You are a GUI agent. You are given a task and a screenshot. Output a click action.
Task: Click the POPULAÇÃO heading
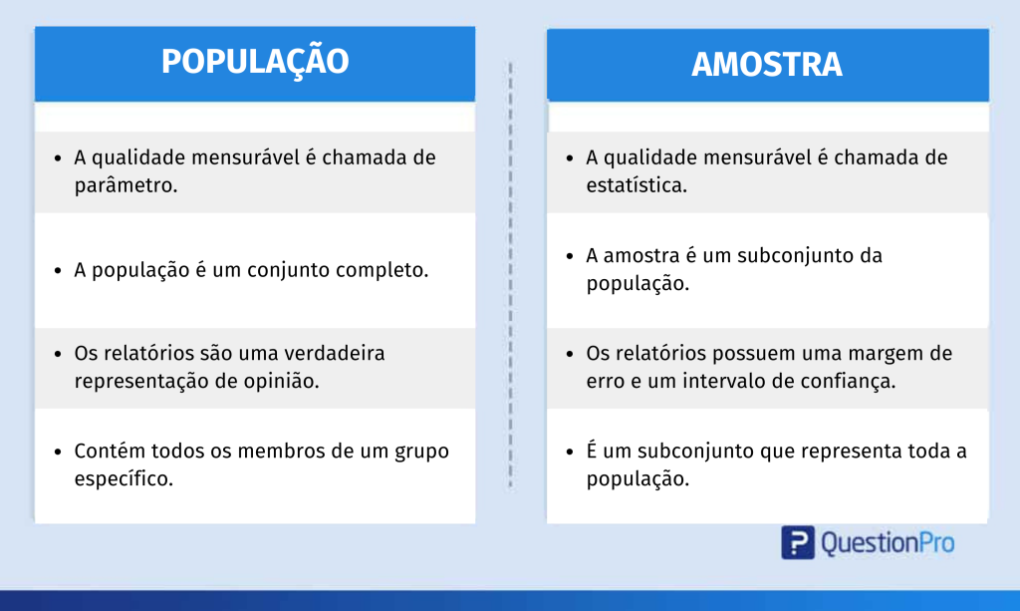pos(255,62)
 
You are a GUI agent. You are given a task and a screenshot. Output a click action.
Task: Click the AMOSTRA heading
pos(767,65)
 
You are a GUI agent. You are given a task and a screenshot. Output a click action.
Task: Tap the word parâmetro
pos(126,186)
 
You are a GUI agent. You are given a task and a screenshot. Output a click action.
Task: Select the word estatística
pos(637,185)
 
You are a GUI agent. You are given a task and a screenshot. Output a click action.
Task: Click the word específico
pos(124,479)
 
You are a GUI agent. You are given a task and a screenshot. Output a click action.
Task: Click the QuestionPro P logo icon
pos(798,542)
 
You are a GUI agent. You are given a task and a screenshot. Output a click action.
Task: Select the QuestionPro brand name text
pos(888,543)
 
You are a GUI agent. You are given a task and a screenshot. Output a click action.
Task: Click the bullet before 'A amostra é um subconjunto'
pos(570,256)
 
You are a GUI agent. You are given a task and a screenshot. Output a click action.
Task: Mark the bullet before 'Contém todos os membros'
pos(58,452)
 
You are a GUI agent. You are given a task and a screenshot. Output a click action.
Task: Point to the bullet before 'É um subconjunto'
pos(570,452)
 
